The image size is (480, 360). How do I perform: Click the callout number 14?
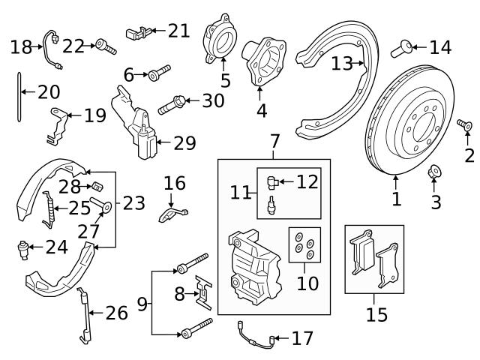pos(440,48)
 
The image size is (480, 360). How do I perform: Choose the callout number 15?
pos(376,313)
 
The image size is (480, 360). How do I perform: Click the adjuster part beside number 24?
pos(25,247)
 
